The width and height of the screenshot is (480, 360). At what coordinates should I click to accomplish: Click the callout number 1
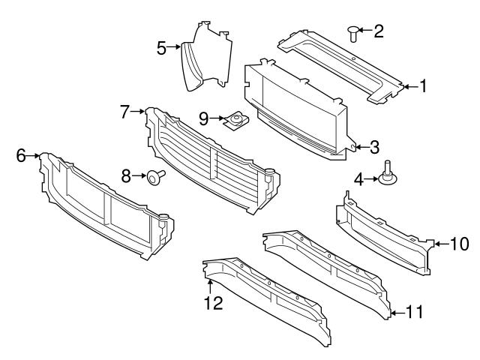[422, 87]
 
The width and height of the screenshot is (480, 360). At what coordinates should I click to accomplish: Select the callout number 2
[379, 31]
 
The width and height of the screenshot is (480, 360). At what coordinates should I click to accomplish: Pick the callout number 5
[161, 49]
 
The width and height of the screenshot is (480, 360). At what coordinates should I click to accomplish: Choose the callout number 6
[21, 155]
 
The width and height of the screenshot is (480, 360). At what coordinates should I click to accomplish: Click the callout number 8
[127, 176]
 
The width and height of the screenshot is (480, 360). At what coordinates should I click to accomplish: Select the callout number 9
[202, 118]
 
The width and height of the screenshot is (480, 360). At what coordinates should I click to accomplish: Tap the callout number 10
[459, 243]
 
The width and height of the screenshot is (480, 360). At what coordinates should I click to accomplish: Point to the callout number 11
[414, 310]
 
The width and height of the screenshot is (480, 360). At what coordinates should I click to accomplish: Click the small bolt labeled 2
[352, 32]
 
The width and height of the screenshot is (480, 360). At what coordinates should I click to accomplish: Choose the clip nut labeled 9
[237, 119]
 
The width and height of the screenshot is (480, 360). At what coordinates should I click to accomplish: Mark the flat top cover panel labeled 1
[341, 64]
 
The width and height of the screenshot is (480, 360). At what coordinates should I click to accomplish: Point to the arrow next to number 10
[441, 243]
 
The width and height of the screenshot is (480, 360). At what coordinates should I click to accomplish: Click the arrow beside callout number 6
[34, 155]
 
